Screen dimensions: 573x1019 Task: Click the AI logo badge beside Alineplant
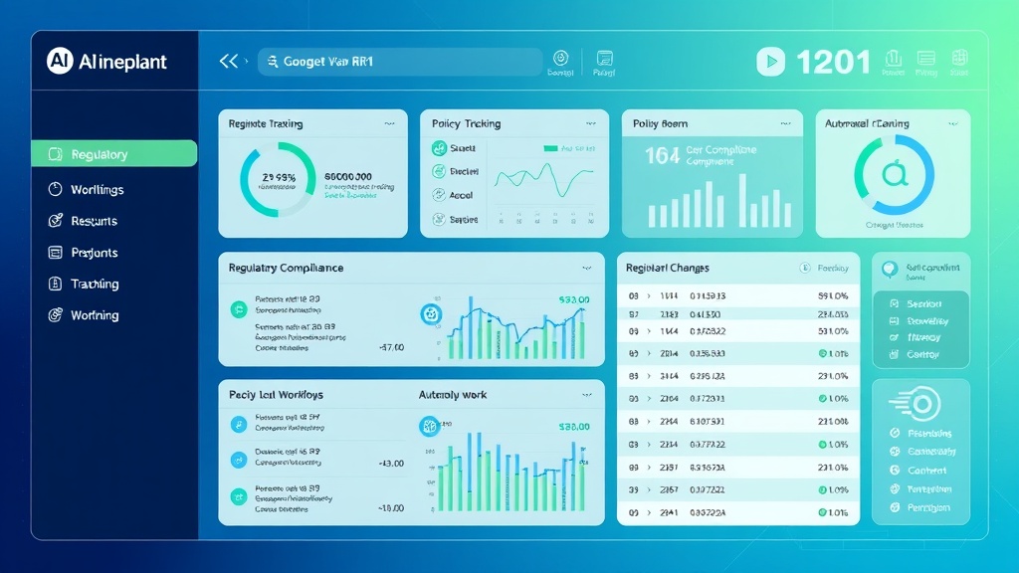pos(60,61)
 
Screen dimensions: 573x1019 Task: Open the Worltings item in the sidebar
pos(97,189)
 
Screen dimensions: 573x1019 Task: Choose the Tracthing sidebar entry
pos(95,284)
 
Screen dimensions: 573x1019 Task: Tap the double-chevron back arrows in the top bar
pos(229,62)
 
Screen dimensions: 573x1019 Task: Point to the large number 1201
pos(834,63)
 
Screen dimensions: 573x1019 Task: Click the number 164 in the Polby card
pos(662,155)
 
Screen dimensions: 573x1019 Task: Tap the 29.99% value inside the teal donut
pos(278,177)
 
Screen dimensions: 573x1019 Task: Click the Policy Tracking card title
pos(466,124)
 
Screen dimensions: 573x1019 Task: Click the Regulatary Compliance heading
pos(286,268)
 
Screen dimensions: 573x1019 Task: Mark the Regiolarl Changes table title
pos(668,268)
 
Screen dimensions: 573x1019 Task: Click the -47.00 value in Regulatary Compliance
pos(391,348)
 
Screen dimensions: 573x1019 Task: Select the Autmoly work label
pos(453,395)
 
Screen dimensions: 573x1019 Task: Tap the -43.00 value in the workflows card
pos(391,463)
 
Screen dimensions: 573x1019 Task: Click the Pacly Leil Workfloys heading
pos(276,395)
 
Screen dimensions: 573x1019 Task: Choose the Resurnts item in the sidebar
pos(94,221)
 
